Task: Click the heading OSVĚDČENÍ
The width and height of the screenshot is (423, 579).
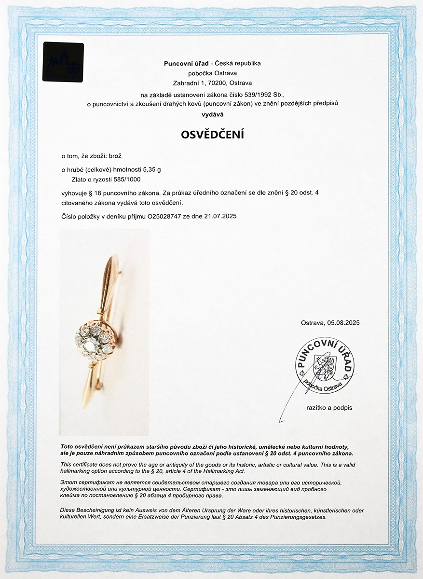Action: (x=212, y=135)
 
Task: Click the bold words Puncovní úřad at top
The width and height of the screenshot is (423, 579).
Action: (x=186, y=63)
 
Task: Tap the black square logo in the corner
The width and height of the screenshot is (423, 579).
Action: (x=63, y=61)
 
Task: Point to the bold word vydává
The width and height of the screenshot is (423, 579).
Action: (x=212, y=114)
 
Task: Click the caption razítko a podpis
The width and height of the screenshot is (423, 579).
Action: (x=329, y=408)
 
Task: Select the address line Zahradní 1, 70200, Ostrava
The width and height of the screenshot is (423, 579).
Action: (x=212, y=83)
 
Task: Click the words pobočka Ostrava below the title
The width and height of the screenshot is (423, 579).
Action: (x=212, y=73)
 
